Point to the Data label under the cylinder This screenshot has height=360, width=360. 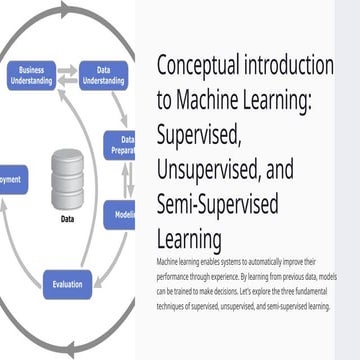click(67, 216)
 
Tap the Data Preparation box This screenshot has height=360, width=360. click(124, 146)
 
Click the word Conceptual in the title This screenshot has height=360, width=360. click(206, 67)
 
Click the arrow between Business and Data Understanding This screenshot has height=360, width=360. click(67, 73)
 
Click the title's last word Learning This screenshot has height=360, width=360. click(190, 240)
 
